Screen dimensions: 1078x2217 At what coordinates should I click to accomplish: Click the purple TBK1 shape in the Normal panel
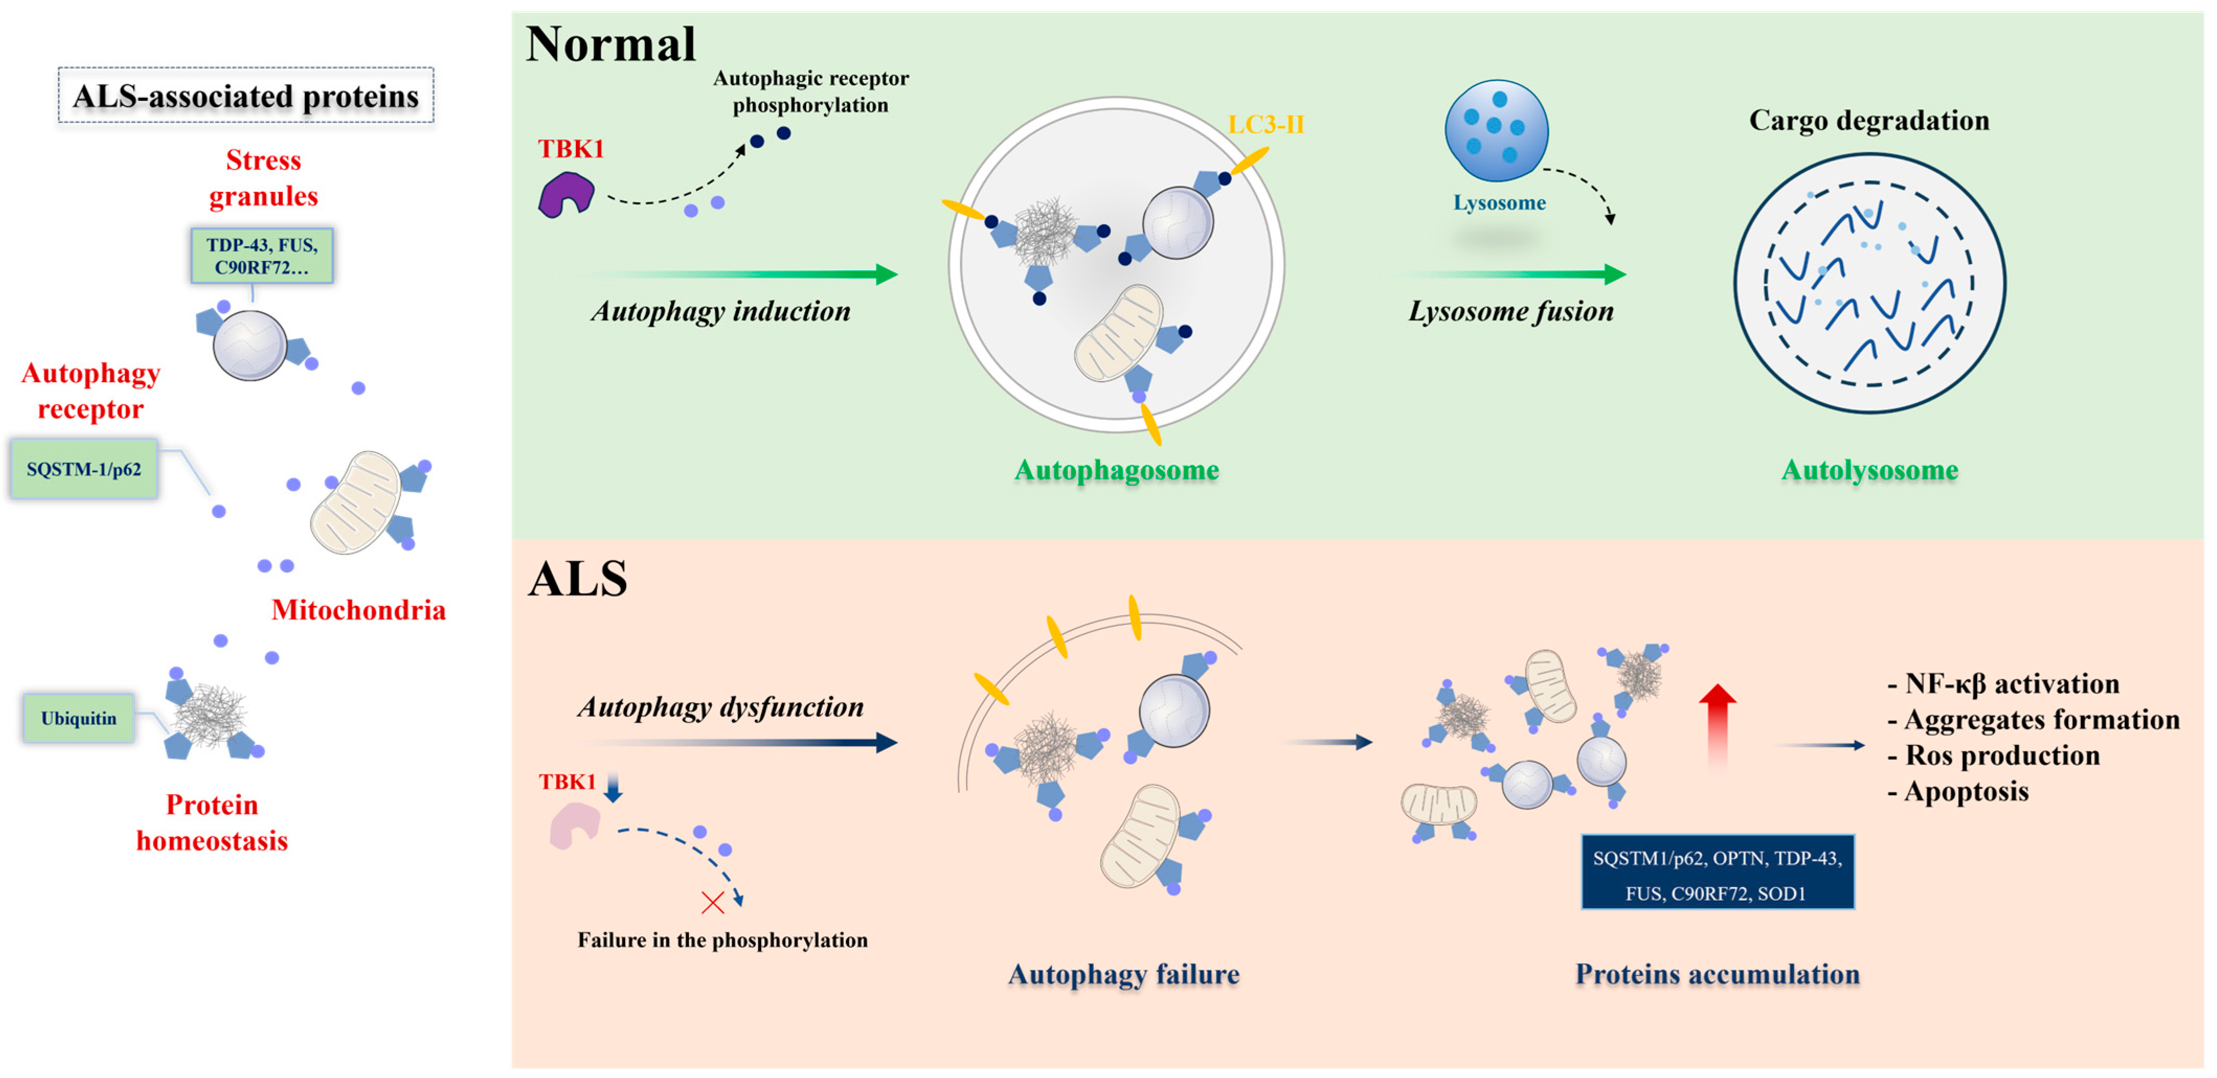(x=565, y=194)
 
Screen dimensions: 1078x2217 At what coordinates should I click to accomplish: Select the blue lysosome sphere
(x=1496, y=131)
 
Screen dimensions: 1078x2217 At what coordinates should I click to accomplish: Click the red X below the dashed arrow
(x=712, y=902)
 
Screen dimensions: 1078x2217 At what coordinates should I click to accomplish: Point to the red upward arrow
(x=1717, y=723)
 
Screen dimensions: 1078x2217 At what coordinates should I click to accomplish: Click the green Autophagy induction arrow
(x=740, y=274)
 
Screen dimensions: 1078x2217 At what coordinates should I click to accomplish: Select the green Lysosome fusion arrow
(x=1515, y=274)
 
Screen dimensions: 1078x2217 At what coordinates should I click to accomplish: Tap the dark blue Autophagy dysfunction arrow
(x=740, y=742)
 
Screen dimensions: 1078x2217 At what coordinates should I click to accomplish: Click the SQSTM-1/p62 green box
(x=84, y=469)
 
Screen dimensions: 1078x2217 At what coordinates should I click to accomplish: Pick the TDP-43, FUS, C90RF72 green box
(x=262, y=256)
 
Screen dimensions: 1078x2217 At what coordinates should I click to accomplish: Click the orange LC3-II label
(x=1265, y=125)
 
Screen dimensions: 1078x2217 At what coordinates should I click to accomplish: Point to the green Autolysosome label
(x=1869, y=470)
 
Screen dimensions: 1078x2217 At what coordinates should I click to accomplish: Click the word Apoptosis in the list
(x=1966, y=792)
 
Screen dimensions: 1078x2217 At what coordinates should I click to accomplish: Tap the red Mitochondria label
(x=358, y=610)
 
